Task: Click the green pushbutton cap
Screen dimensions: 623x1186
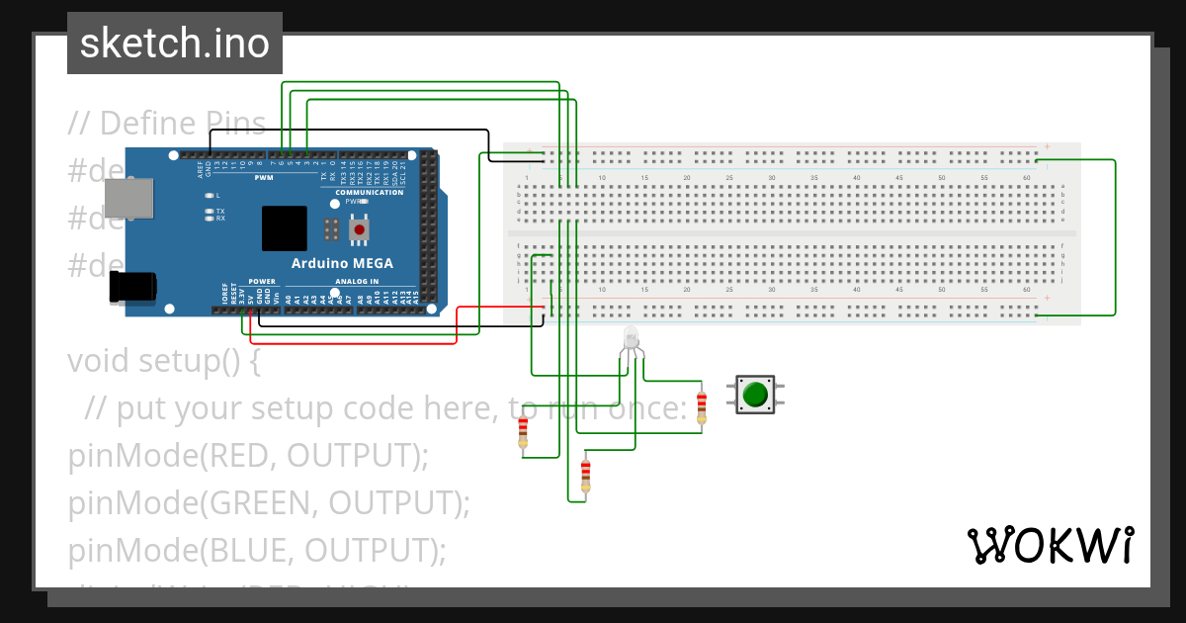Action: click(756, 395)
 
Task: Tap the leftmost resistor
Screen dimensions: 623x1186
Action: click(523, 433)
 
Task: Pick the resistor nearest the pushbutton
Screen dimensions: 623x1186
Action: click(702, 406)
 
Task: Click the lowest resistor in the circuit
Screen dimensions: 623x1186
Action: click(585, 475)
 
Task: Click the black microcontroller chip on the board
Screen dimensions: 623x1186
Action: click(285, 228)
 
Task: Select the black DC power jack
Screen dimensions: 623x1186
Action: click(132, 287)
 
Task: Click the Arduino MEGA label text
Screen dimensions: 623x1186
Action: click(342, 263)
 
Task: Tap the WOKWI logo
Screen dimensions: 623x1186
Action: click(1050, 545)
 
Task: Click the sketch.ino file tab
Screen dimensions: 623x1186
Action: click(175, 44)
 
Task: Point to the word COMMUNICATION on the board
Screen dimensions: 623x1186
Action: click(369, 192)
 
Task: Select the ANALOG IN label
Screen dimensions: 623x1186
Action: click(357, 281)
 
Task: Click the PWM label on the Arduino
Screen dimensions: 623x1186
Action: click(264, 178)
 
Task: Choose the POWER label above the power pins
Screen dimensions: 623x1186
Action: click(262, 281)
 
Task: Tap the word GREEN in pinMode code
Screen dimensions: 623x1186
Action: click(261, 503)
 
